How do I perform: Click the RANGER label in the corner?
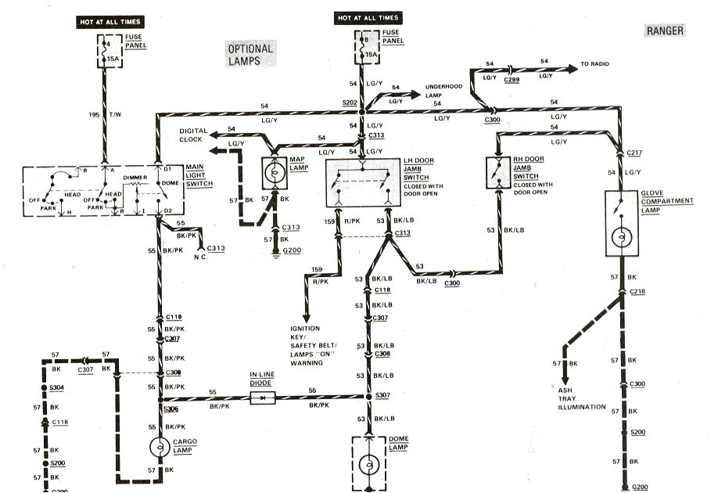(x=666, y=31)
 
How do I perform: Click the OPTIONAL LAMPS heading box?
(x=251, y=55)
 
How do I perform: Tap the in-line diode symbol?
(x=260, y=398)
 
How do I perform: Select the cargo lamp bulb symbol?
(x=160, y=447)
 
